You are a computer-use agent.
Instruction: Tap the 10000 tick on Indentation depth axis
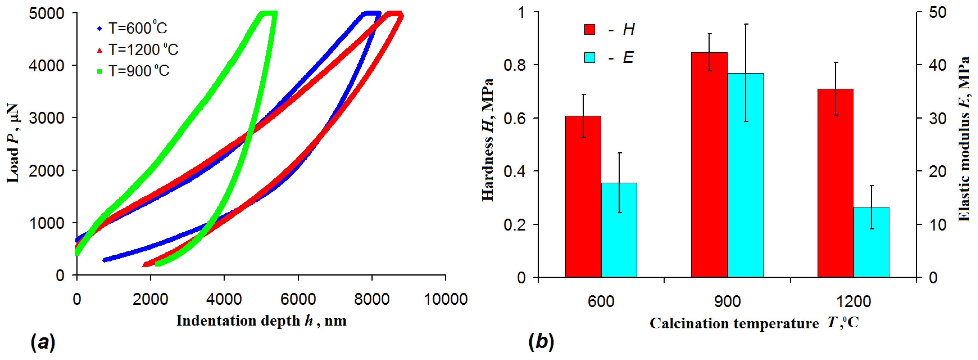point(445,299)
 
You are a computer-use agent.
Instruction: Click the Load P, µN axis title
point(13,144)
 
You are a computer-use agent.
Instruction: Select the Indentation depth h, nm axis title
point(261,321)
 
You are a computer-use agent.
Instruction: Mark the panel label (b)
point(541,342)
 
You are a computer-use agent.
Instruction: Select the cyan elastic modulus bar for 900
point(745,175)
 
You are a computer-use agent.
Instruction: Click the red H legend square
point(590,29)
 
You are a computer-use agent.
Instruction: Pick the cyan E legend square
point(590,57)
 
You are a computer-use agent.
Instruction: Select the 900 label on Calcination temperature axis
point(727,301)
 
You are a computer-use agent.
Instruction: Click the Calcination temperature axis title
point(754,323)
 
